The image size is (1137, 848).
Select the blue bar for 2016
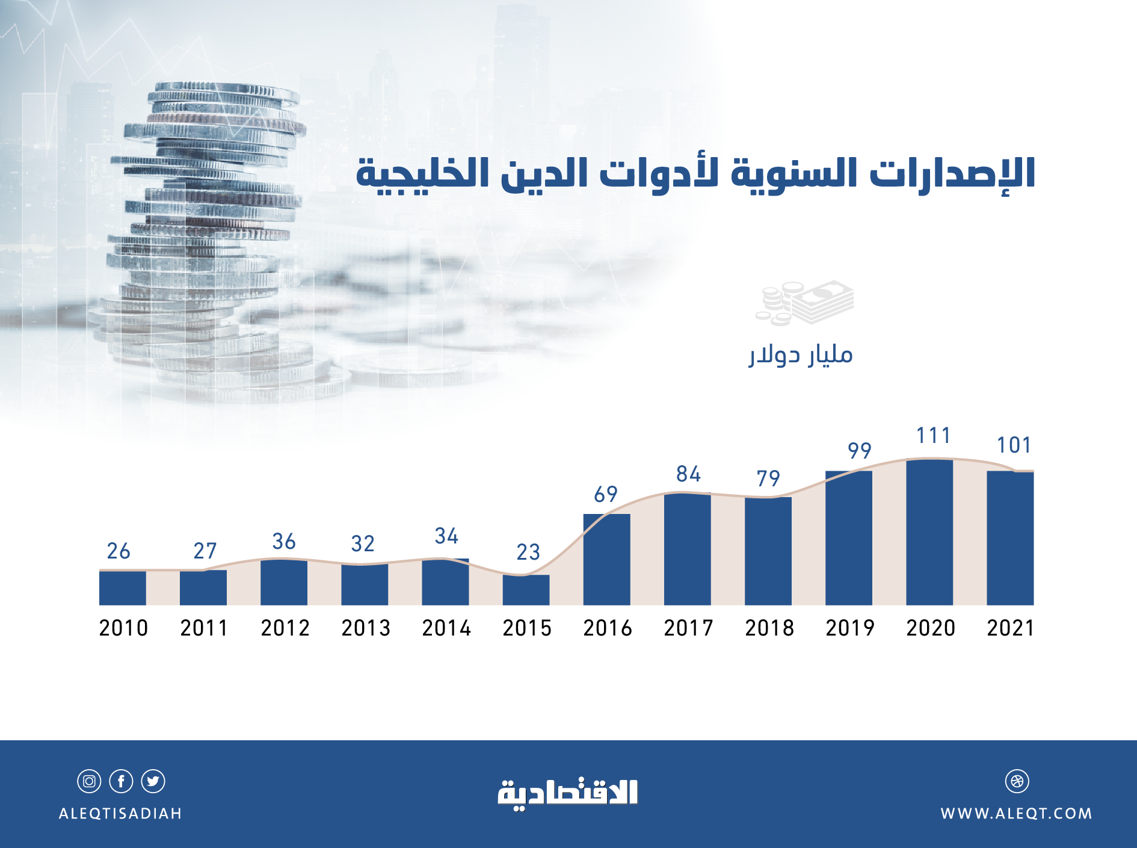pyautogui.click(x=606, y=560)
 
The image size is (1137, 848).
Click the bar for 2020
pyautogui.click(x=929, y=533)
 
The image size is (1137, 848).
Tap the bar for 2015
pyautogui.click(x=526, y=590)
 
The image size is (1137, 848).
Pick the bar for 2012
pyautogui.click(x=283, y=583)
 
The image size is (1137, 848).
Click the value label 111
pyautogui.click(x=933, y=436)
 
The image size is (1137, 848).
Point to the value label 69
pyautogui.click(x=606, y=495)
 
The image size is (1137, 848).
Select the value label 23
pyautogui.click(x=528, y=552)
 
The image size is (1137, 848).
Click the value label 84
pyautogui.click(x=688, y=474)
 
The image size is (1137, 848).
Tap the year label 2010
pyautogui.click(x=123, y=628)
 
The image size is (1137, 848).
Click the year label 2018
pyautogui.click(x=769, y=628)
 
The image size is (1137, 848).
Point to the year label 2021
pyautogui.click(x=1010, y=628)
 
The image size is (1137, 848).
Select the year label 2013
pyautogui.click(x=366, y=628)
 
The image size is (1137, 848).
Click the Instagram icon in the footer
pyautogui.click(x=89, y=781)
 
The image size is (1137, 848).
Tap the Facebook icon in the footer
pyautogui.click(x=121, y=781)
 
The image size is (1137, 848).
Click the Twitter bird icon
pyautogui.click(x=153, y=781)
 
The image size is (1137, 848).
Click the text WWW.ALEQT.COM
pyautogui.click(x=1016, y=814)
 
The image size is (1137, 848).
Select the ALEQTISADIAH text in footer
pyautogui.click(x=120, y=814)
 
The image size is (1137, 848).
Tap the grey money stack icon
pyautogui.click(x=804, y=303)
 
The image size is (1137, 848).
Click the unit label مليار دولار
pyautogui.click(x=801, y=355)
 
